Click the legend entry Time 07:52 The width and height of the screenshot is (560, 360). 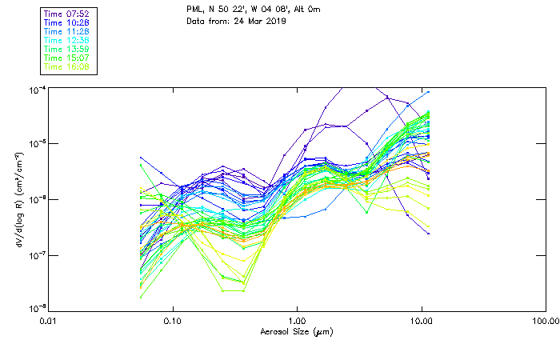pyautogui.click(x=66, y=13)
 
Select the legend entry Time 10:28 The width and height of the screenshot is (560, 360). pyautogui.click(x=66, y=22)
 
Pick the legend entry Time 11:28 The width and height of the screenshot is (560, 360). pyautogui.click(x=66, y=31)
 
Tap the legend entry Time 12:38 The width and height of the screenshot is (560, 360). pyautogui.click(x=66, y=40)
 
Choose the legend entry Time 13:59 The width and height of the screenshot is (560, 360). pyautogui.click(x=66, y=49)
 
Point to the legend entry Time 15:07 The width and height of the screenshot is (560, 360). pyautogui.click(x=66, y=58)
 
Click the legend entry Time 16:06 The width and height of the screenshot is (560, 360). pyautogui.click(x=66, y=66)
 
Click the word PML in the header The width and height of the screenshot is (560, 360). pyautogui.click(x=196, y=9)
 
